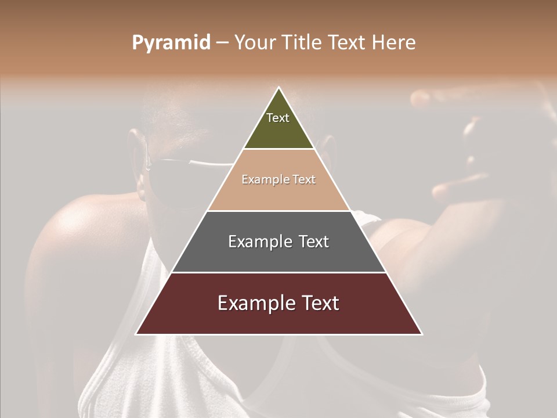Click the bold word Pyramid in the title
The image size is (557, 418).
(171, 42)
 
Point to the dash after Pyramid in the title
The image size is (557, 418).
(222, 43)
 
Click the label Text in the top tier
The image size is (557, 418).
(278, 118)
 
